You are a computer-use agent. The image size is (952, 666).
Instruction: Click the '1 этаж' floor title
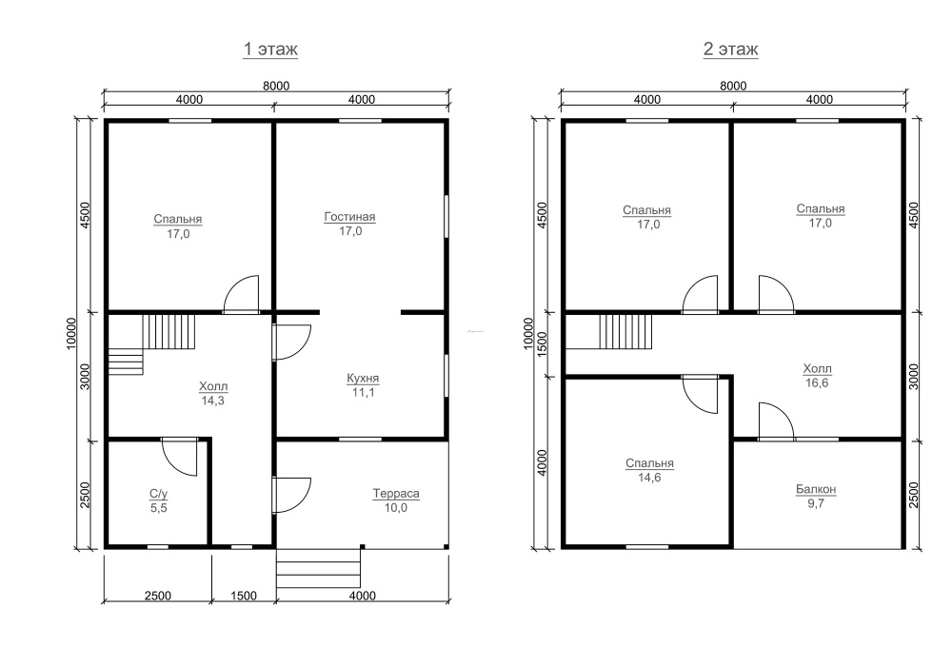click(x=270, y=49)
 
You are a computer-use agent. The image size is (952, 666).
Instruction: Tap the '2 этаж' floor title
click(x=730, y=49)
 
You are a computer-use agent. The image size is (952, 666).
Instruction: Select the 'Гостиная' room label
click(x=349, y=217)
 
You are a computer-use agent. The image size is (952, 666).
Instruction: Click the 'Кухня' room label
click(x=363, y=378)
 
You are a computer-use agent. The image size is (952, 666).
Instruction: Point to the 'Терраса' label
click(x=396, y=494)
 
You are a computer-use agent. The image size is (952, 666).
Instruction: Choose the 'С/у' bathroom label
click(x=158, y=495)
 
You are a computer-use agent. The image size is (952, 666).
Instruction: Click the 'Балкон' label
click(x=816, y=489)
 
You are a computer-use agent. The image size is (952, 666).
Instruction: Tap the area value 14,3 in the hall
click(x=213, y=401)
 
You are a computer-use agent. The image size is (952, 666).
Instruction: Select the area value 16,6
click(x=817, y=382)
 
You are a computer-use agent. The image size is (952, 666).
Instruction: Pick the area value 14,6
click(x=649, y=478)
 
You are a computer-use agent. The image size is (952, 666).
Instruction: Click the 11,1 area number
click(x=363, y=392)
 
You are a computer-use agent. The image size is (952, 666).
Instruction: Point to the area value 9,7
click(x=816, y=503)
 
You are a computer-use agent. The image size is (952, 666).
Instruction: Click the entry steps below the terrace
click(x=318, y=568)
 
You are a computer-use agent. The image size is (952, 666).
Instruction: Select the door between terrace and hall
click(x=291, y=496)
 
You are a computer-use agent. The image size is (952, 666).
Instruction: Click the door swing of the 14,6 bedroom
click(x=701, y=396)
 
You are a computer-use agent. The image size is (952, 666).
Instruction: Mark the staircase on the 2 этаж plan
click(x=626, y=332)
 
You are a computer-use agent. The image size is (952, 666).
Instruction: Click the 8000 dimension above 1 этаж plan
click(x=276, y=87)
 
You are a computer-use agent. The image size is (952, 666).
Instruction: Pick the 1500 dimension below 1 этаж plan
click(x=244, y=596)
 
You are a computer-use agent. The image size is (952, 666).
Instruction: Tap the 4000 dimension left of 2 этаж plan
click(x=543, y=462)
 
